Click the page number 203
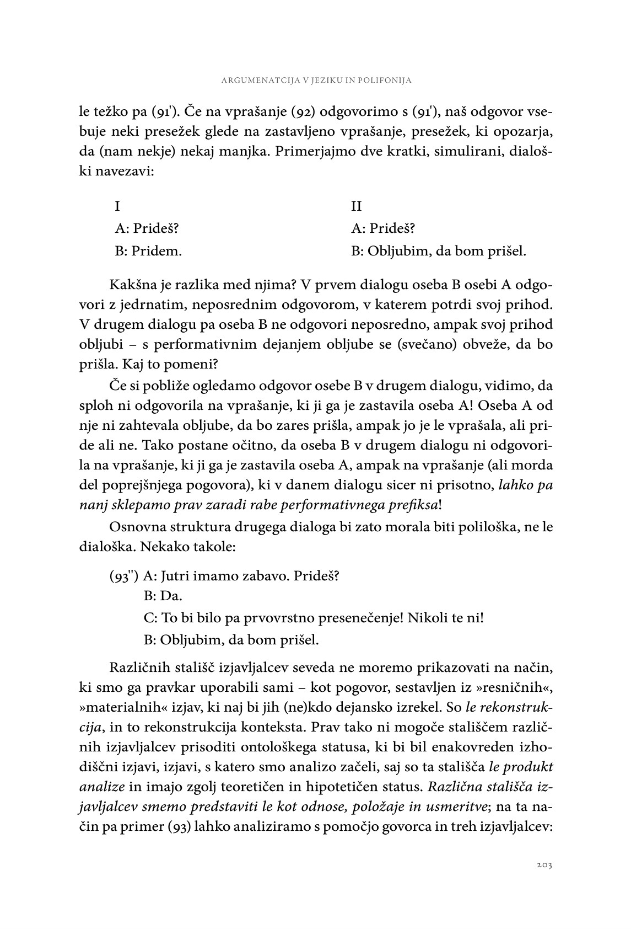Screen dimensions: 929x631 coord(543,864)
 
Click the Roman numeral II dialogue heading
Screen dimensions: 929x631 coord(357,206)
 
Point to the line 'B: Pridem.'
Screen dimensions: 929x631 coord(148,252)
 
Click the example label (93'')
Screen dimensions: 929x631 coord(123,576)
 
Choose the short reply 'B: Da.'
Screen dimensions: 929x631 coord(163,596)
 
